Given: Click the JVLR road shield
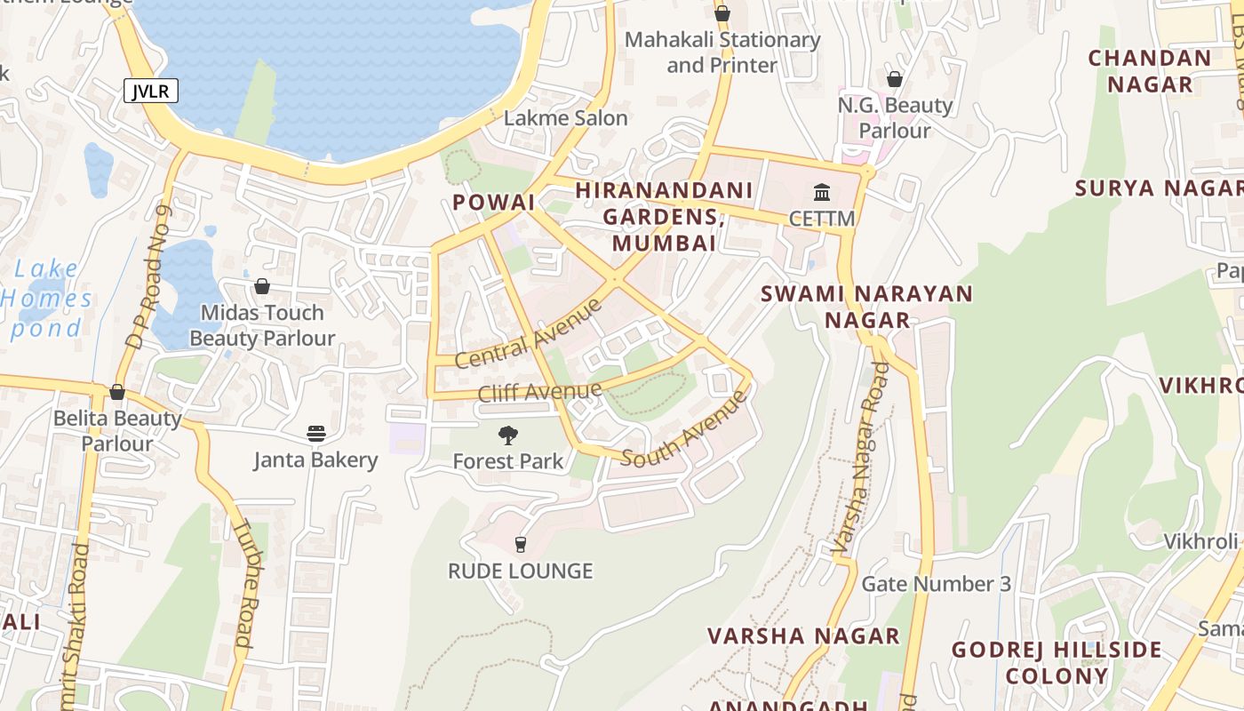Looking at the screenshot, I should pyautogui.click(x=151, y=91).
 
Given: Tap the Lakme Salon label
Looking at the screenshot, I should pyautogui.click(x=565, y=118).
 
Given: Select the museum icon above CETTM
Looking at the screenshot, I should pyautogui.click(x=822, y=192).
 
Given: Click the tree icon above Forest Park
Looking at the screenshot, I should pyautogui.click(x=508, y=435).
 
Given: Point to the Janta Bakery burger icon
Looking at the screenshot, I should pyautogui.click(x=316, y=434).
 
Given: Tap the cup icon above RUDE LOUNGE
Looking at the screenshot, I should pyautogui.click(x=521, y=544).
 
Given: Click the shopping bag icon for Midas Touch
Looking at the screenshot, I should pyautogui.click(x=262, y=286).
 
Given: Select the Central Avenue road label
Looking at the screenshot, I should pyautogui.click(x=528, y=334).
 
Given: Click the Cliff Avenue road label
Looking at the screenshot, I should pyautogui.click(x=539, y=392).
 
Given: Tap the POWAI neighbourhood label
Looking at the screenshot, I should pyautogui.click(x=493, y=203).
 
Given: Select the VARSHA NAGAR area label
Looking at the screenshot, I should pyautogui.click(x=803, y=636).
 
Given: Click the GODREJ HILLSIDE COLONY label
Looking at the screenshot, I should pyautogui.click(x=1057, y=662).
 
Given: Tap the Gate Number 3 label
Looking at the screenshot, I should pyautogui.click(x=937, y=584).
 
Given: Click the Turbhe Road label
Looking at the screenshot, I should pyautogui.click(x=243, y=582).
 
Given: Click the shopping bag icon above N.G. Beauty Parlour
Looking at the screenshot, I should pyautogui.click(x=895, y=80).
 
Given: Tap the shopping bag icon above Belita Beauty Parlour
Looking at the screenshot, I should pyautogui.click(x=117, y=392).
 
